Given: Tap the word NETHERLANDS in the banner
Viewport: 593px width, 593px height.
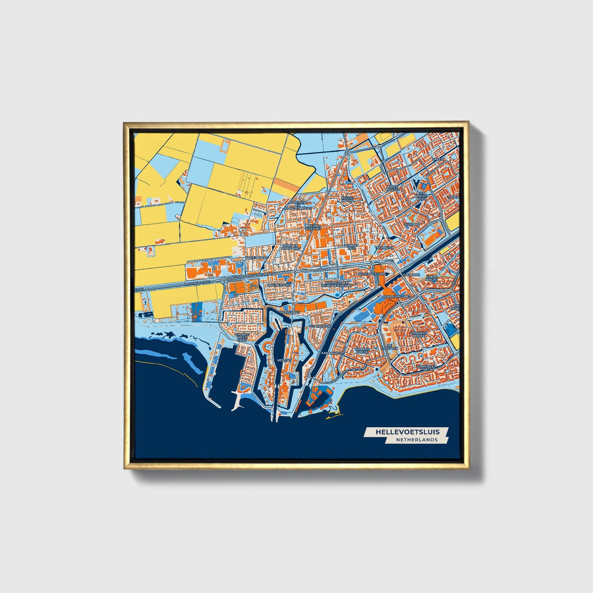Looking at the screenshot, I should pos(417,440).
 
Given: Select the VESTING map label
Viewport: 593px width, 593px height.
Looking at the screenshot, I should pos(284,360).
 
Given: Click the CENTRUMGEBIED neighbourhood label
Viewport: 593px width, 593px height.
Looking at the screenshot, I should pos(397,296).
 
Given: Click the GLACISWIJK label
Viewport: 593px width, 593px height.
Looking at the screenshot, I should pos(320,326).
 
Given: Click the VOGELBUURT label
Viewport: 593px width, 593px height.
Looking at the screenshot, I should pos(256,258).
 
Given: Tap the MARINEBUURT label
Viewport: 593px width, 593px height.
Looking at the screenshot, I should pos(279,284).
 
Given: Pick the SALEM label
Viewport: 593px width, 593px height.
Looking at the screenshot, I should pos(438,159).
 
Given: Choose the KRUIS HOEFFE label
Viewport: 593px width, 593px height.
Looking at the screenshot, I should pos(392,188).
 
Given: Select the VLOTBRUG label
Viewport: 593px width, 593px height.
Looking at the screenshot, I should pos(410,274).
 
